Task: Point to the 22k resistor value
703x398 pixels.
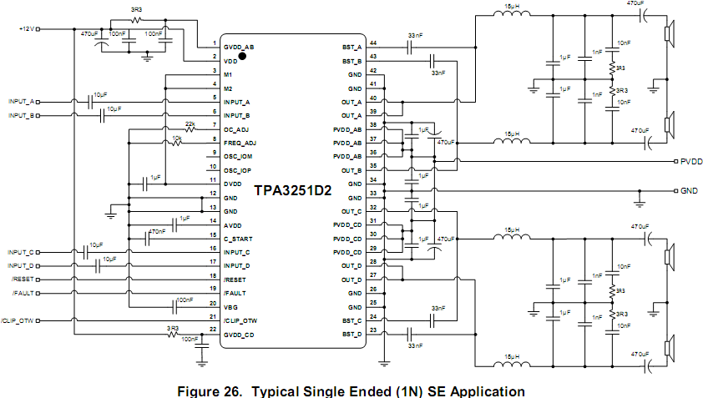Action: point(190,123)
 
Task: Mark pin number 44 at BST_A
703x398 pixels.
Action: point(373,43)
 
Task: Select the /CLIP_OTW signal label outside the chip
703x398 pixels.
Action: point(17,320)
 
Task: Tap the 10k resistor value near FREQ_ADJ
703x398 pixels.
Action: point(176,138)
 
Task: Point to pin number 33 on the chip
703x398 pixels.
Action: point(373,194)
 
